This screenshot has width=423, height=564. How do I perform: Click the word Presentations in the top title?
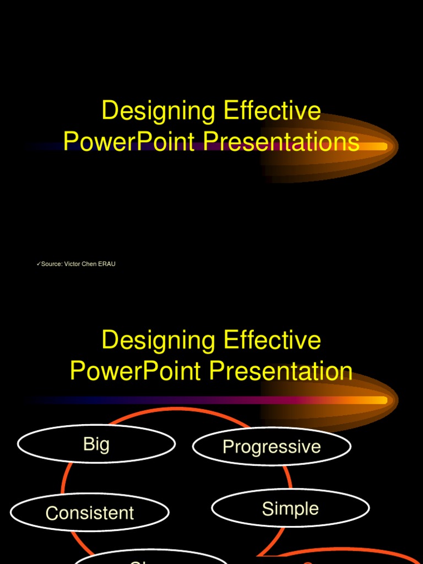pos(281,142)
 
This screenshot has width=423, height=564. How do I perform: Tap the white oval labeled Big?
pos(96,444)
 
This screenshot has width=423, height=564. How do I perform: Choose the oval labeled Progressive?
pos(272,446)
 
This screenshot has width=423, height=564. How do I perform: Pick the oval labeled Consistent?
pos(89,513)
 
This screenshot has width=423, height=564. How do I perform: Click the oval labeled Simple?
pos(290,508)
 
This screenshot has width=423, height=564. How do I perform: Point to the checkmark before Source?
pos(39,264)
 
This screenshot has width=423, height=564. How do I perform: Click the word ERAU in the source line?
pos(107,264)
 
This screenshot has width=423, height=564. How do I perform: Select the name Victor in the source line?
pos(72,264)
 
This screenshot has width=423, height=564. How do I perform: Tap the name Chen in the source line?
pos(89,264)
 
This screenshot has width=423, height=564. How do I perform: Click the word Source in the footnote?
pos(51,264)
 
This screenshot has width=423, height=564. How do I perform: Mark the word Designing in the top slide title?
pos(159,111)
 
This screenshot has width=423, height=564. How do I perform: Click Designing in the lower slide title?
pos(159,340)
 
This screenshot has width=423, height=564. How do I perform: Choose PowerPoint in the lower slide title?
pos(135,371)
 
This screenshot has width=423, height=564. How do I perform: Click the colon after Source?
pos(62,264)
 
